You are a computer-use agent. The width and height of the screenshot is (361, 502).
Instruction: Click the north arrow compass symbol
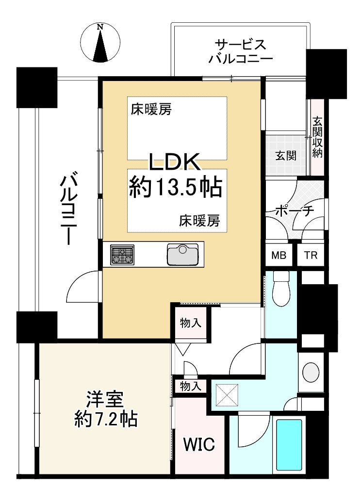click(x=100, y=42)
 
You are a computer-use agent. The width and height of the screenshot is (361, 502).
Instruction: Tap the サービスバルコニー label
click(x=241, y=51)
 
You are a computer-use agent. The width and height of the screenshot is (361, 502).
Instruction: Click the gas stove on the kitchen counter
click(x=122, y=255)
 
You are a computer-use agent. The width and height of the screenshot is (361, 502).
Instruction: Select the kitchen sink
click(x=182, y=255)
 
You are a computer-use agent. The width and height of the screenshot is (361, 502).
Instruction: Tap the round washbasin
click(x=311, y=372)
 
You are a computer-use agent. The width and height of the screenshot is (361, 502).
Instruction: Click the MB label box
click(x=279, y=255)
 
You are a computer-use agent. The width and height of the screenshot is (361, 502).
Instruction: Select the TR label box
click(x=311, y=255)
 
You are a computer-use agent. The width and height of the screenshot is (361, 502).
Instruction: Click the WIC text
click(x=198, y=444)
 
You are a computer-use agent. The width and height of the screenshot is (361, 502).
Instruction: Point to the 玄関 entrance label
click(x=286, y=156)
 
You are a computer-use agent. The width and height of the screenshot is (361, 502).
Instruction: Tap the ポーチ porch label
click(x=295, y=211)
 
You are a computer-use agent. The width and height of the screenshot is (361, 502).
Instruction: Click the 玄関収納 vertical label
click(x=317, y=137)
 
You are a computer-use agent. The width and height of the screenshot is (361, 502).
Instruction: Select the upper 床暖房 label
click(x=151, y=110)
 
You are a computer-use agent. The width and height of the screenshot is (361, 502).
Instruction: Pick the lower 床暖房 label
click(x=199, y=221)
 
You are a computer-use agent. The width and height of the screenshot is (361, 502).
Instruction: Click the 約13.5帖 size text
click(x=176, y=188)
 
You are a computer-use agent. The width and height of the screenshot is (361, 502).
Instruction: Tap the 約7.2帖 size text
click(x=106, y=419)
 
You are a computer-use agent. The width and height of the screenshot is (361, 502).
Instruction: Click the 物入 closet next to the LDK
click(x=191, y=323)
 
